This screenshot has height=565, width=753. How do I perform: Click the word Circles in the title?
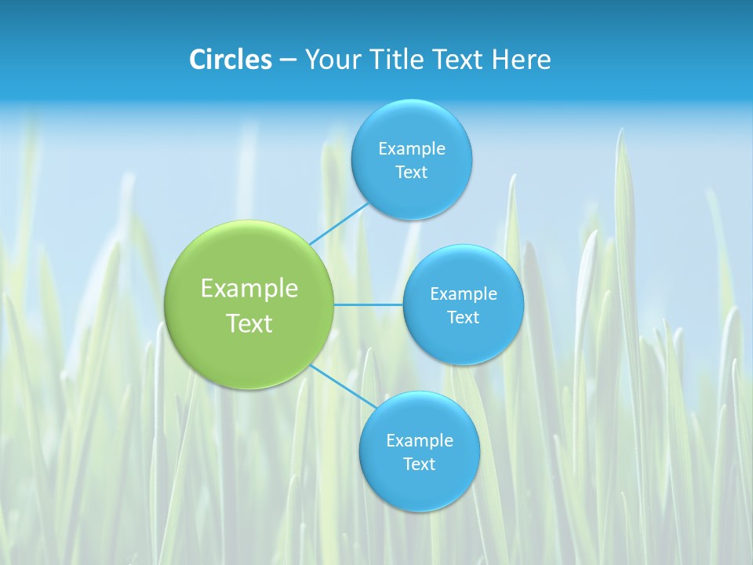(x=231, y=60)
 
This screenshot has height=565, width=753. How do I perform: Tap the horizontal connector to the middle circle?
(x=369, y=304)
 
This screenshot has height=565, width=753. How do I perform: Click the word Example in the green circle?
(x=249, y=289)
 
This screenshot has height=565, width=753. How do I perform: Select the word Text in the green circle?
(x=249, y=323)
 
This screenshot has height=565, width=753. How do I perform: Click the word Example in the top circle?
(x=411, y=148)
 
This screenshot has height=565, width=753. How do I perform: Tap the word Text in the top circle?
(x=411, y=172)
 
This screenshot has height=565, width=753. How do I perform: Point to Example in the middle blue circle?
(x=463, y=293)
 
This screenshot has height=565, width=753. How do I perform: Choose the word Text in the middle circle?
(x=463, y=317)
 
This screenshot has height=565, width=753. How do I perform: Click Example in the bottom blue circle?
(x=419, y=440)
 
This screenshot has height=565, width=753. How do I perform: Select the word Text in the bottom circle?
(x=419, y=464)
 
